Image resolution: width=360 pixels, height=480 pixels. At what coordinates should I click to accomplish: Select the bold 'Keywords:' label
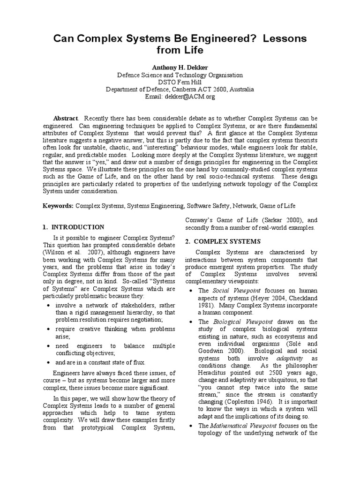pos(58,205)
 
